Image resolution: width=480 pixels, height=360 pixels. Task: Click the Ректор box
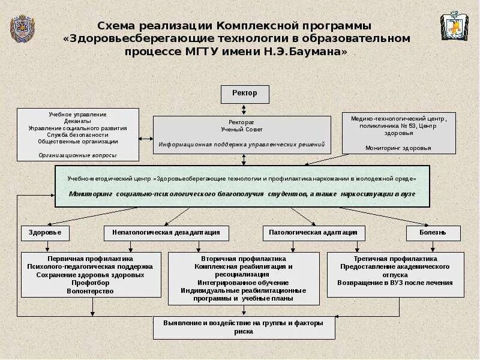pyautogui.click(x=245, y=94)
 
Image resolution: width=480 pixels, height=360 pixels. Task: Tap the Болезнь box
pyautogui.click(x=433, y=233)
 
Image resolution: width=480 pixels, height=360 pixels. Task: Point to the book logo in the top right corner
pyautogui.click(x=455, y=26)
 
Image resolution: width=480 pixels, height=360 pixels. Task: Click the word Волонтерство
pyautogui.click(x=91, y=291)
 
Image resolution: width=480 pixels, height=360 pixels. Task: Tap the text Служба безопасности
pyautogui.click(x=77, y=135)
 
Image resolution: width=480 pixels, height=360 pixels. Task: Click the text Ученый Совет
pyautogui.click(x=241, y=130)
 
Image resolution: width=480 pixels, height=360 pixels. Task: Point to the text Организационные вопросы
pyautogui.click(x=77, y=155)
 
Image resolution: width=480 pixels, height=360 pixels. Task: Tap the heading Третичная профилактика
pyautogui.click(x=395, y=258)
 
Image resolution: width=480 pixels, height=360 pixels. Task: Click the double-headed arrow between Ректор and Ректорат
pyautogui.click(x=244, y=110)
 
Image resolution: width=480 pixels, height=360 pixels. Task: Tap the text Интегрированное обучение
pyautogui.click(x=243, y=283)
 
